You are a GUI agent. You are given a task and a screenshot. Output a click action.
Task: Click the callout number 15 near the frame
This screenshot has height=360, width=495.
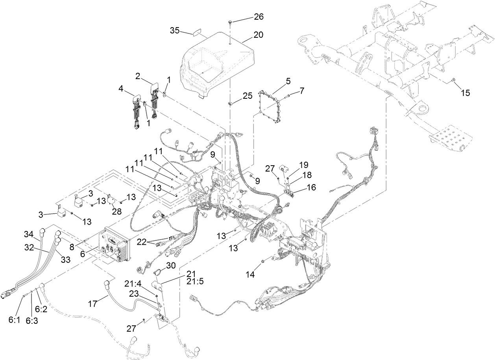click(466, 93)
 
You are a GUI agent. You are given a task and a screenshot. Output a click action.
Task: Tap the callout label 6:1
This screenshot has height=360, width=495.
click(14, 320)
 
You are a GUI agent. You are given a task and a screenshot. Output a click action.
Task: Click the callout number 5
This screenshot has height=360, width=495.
click(288, 81)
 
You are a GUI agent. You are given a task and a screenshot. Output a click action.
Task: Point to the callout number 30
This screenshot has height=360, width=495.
click(170, 266)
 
